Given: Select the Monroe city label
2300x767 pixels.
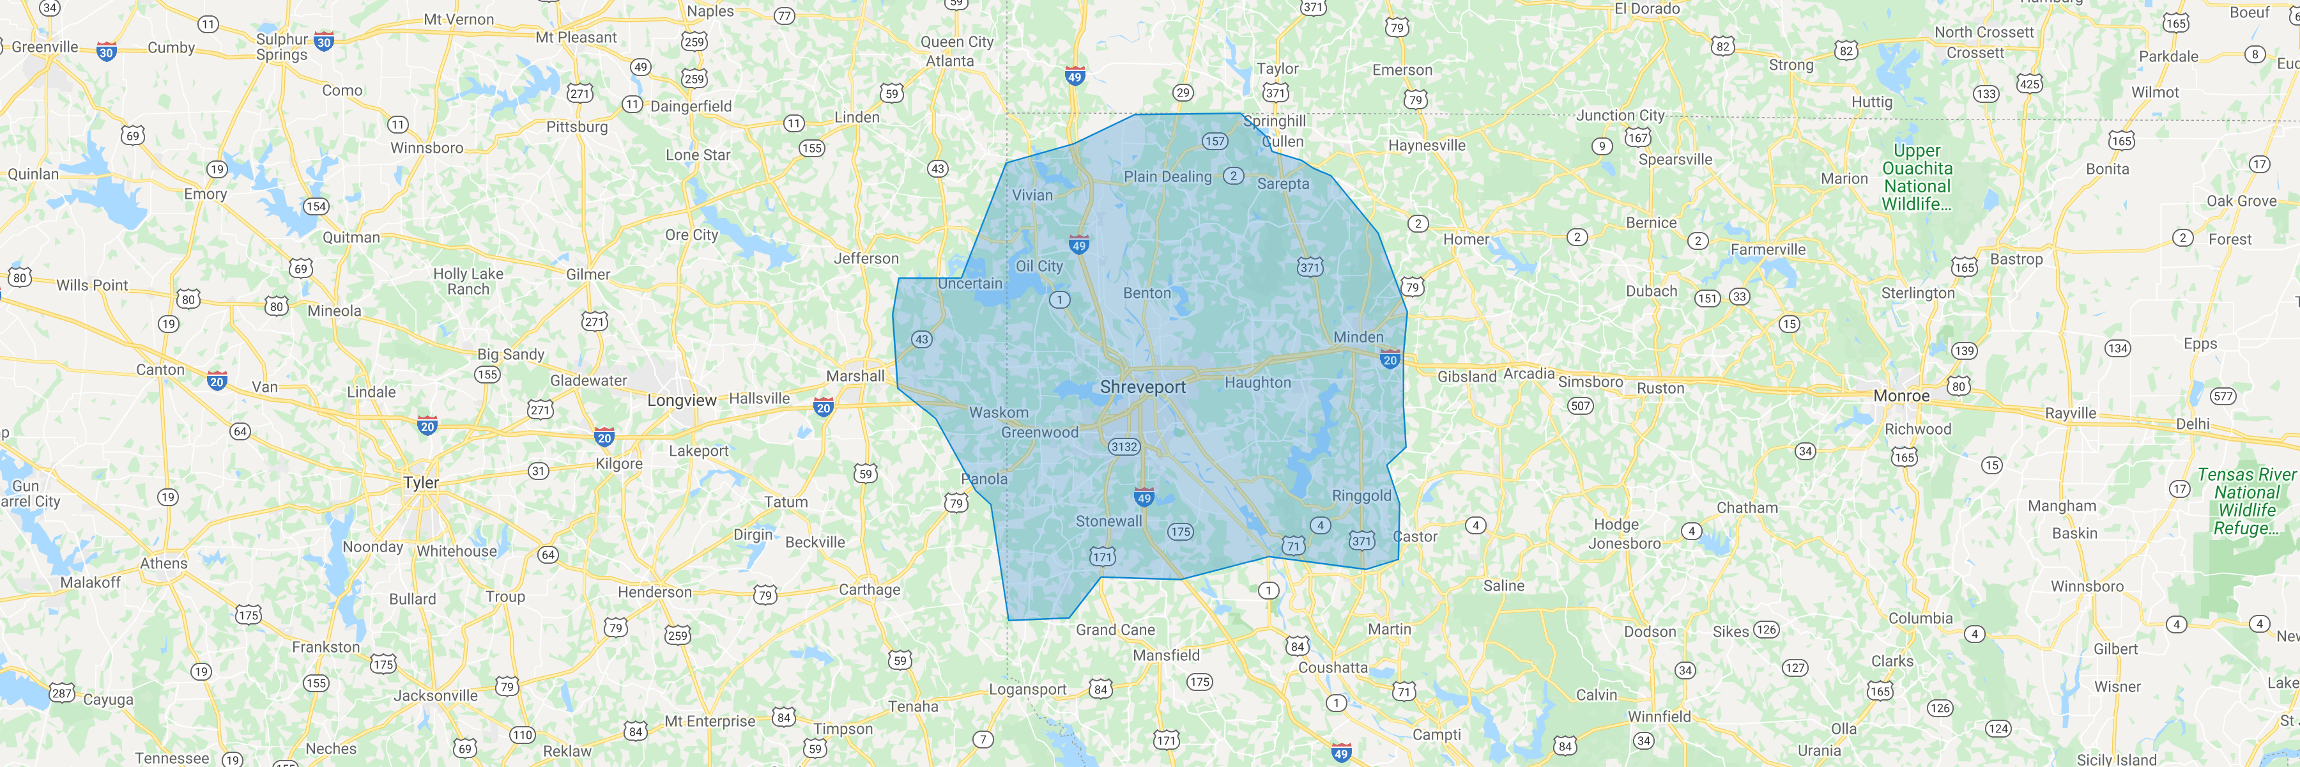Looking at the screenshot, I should pyautogui.click(x=1901, y=396).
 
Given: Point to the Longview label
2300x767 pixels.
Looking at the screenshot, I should pyautogui.click(x=681, y=400).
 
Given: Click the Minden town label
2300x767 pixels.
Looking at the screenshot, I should pyautogui.click(x=1358, y=337).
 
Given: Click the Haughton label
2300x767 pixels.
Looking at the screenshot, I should pyautogui.click(x=1257, y=383).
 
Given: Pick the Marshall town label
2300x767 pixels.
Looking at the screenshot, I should pyautogui.click(x=854, y=376).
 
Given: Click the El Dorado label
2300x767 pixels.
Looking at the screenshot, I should pyautogui.click(x=1646, y=9).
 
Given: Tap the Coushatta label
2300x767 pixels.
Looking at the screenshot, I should pyautogui.click(x=1332, y=668).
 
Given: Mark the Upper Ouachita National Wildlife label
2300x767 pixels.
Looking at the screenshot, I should pyautogui.click(x=1916, y=178).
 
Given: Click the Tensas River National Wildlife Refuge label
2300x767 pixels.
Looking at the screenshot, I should pyautogui.click(x=2246, y=501).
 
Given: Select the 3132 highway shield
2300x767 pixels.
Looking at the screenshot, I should pyautogui.click(x=1123, y=446).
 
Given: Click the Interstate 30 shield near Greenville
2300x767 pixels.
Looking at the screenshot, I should pyautogui.click(x=106, y=52).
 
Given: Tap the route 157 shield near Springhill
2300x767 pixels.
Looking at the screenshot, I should pyautogui.click(x=1215, y=141).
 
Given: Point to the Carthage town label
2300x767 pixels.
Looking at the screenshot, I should pyautogui.click(x=869, y=589).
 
